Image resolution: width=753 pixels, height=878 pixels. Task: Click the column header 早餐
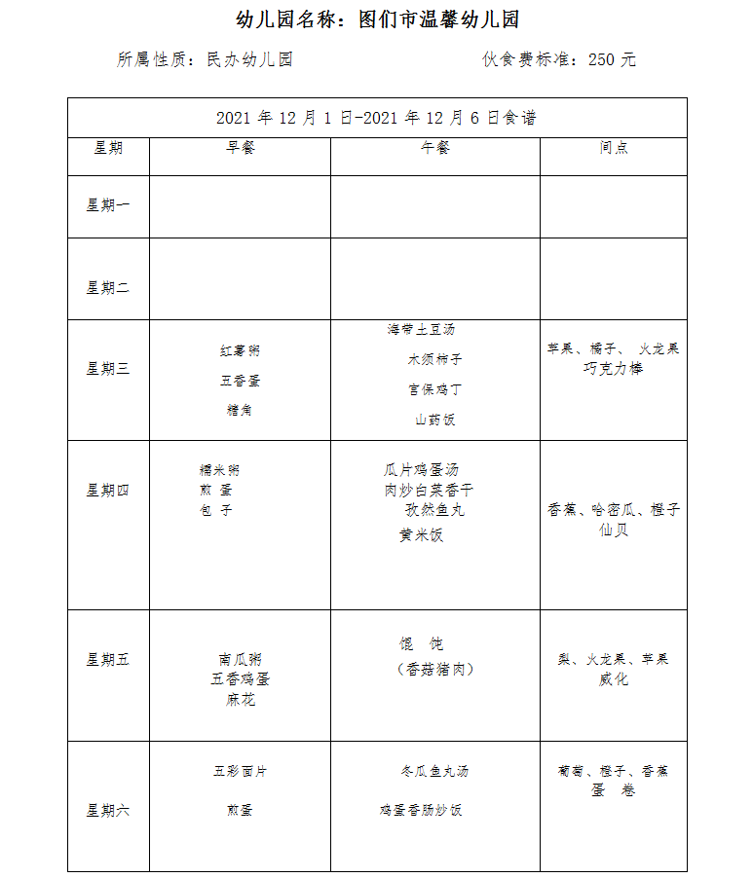point(240,148)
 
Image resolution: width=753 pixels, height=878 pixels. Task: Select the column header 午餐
point(434,148)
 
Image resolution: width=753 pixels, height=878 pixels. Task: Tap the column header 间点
point(614,148)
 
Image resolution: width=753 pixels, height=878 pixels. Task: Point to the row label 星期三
point(108,369)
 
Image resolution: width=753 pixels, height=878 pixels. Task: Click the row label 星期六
point(108,810)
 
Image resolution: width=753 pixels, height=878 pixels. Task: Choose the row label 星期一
point(108,205)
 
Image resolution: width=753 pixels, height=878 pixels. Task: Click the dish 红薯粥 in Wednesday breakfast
point(240,350)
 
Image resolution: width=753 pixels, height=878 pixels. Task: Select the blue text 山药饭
point(434,420)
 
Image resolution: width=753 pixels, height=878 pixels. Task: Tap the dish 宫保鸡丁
point(434,389)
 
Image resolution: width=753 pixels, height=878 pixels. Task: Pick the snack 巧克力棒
point(614,369)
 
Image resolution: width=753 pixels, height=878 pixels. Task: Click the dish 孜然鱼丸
point(434,509)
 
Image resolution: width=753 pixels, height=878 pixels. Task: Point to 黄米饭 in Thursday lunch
point(421,535)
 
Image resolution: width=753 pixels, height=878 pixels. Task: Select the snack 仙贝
point(614,530)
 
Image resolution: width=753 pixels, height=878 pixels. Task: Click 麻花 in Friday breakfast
point(240,700)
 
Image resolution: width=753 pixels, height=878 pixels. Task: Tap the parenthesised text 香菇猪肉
point(434,669)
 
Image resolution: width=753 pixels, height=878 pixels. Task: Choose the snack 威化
point(614,679)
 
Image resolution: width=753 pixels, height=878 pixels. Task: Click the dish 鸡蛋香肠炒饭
point(421,810)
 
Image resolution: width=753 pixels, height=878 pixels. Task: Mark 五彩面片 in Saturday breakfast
point(240,771)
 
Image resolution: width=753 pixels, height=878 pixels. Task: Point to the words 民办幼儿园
point(249,59)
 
